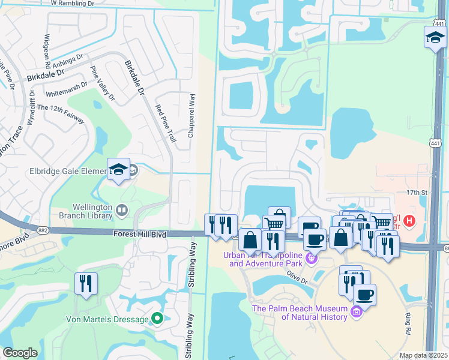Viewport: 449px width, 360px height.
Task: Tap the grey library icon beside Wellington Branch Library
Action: pyautogui.click(x=122, y=209)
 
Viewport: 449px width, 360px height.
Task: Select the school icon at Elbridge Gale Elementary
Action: pyautogui.click(x=119, y=170)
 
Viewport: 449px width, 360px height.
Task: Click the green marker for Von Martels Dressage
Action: pyautogui.click(x=157, y=318)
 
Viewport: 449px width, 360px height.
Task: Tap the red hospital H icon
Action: pyautogui.click(x=409, y=221)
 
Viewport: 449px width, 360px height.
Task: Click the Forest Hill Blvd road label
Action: pyautogui.click(x=139, y=234)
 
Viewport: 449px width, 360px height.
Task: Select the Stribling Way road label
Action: pyautogui.click(x=191, y=264)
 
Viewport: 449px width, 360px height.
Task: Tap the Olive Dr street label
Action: pyautogui.click(x=297, y=278)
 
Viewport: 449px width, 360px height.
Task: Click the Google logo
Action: pyautogui.click(x=20, y=353)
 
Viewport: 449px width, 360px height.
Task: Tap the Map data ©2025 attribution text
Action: pyautogui.click(x=423, y=355)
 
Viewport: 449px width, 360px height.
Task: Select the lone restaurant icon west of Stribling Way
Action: pyautogui.click(x=86, y=283)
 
